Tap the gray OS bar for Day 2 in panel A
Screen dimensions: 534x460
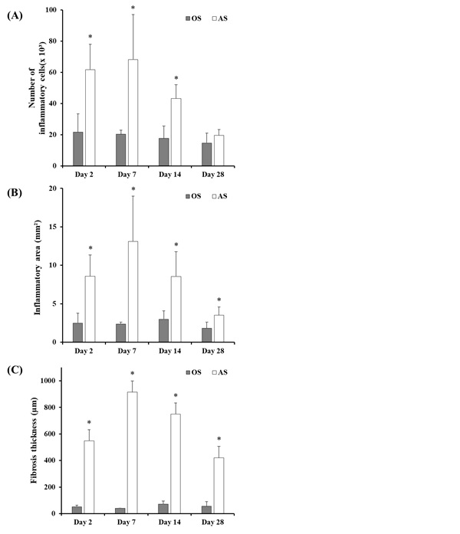78,149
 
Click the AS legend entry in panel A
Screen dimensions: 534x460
219,17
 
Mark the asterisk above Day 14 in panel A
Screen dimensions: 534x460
176,78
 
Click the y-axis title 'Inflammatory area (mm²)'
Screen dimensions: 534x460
36,265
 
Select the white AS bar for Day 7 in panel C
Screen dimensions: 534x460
133,453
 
